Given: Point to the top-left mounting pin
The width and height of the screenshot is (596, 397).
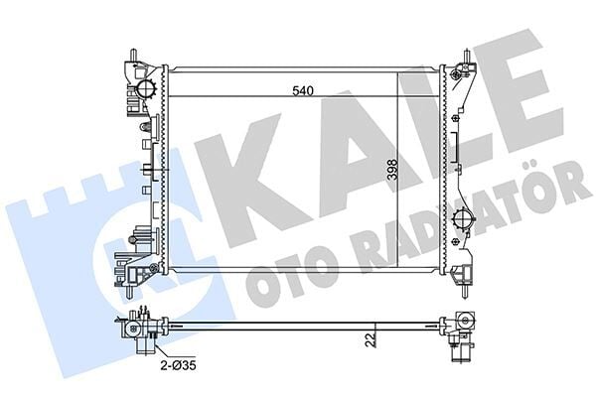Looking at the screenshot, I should point(131,53).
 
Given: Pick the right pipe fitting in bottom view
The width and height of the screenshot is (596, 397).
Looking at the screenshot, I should point(460,328).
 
